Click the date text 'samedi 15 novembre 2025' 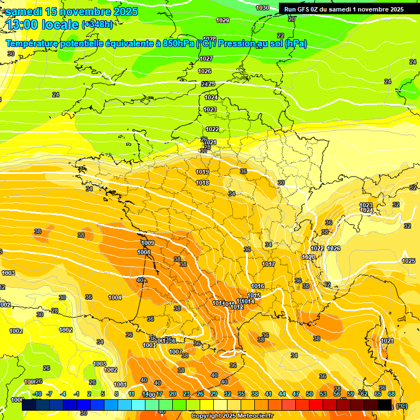(x=72, y=11)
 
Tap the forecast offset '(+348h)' (x=97, y=24)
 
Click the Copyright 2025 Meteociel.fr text (x=232, y=416)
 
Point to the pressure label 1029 (x=223, y=20)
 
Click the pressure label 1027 (x=206, y=59)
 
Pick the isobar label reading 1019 (x=202, y=172)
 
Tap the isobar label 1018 (x=202, y=183)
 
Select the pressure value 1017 (x=269, y=264)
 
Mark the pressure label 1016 (x=258, y=286)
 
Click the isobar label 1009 (x=148, y=243)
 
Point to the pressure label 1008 (x=144, y=252)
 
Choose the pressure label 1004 (x=115, y=297)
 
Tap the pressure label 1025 (x=409, y=261)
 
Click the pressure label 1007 (x=176, y=352)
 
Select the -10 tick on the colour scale (x=37, y=394)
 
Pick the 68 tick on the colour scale (x=392, y=394)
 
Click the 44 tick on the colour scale (x=282, y=394)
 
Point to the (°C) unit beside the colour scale (x=402, y=406)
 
